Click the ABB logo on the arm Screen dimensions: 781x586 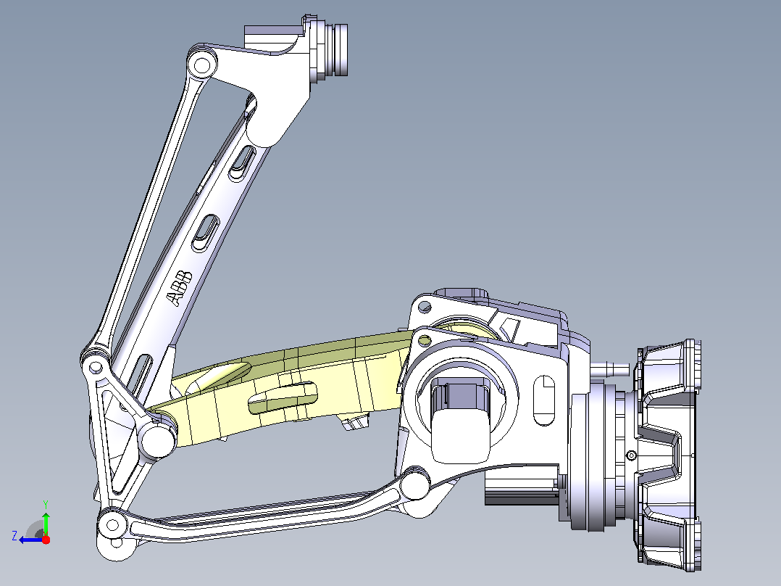[180, 288]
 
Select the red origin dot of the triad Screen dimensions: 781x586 [46, 540]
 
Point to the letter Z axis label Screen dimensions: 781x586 [14, 536]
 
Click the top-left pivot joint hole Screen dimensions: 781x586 [201, 65]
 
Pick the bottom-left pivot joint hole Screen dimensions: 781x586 [113, 525]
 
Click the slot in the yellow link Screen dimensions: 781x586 [283, 397]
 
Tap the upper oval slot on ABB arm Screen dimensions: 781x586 [242, 162]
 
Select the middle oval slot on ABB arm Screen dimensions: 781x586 [206, 233]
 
